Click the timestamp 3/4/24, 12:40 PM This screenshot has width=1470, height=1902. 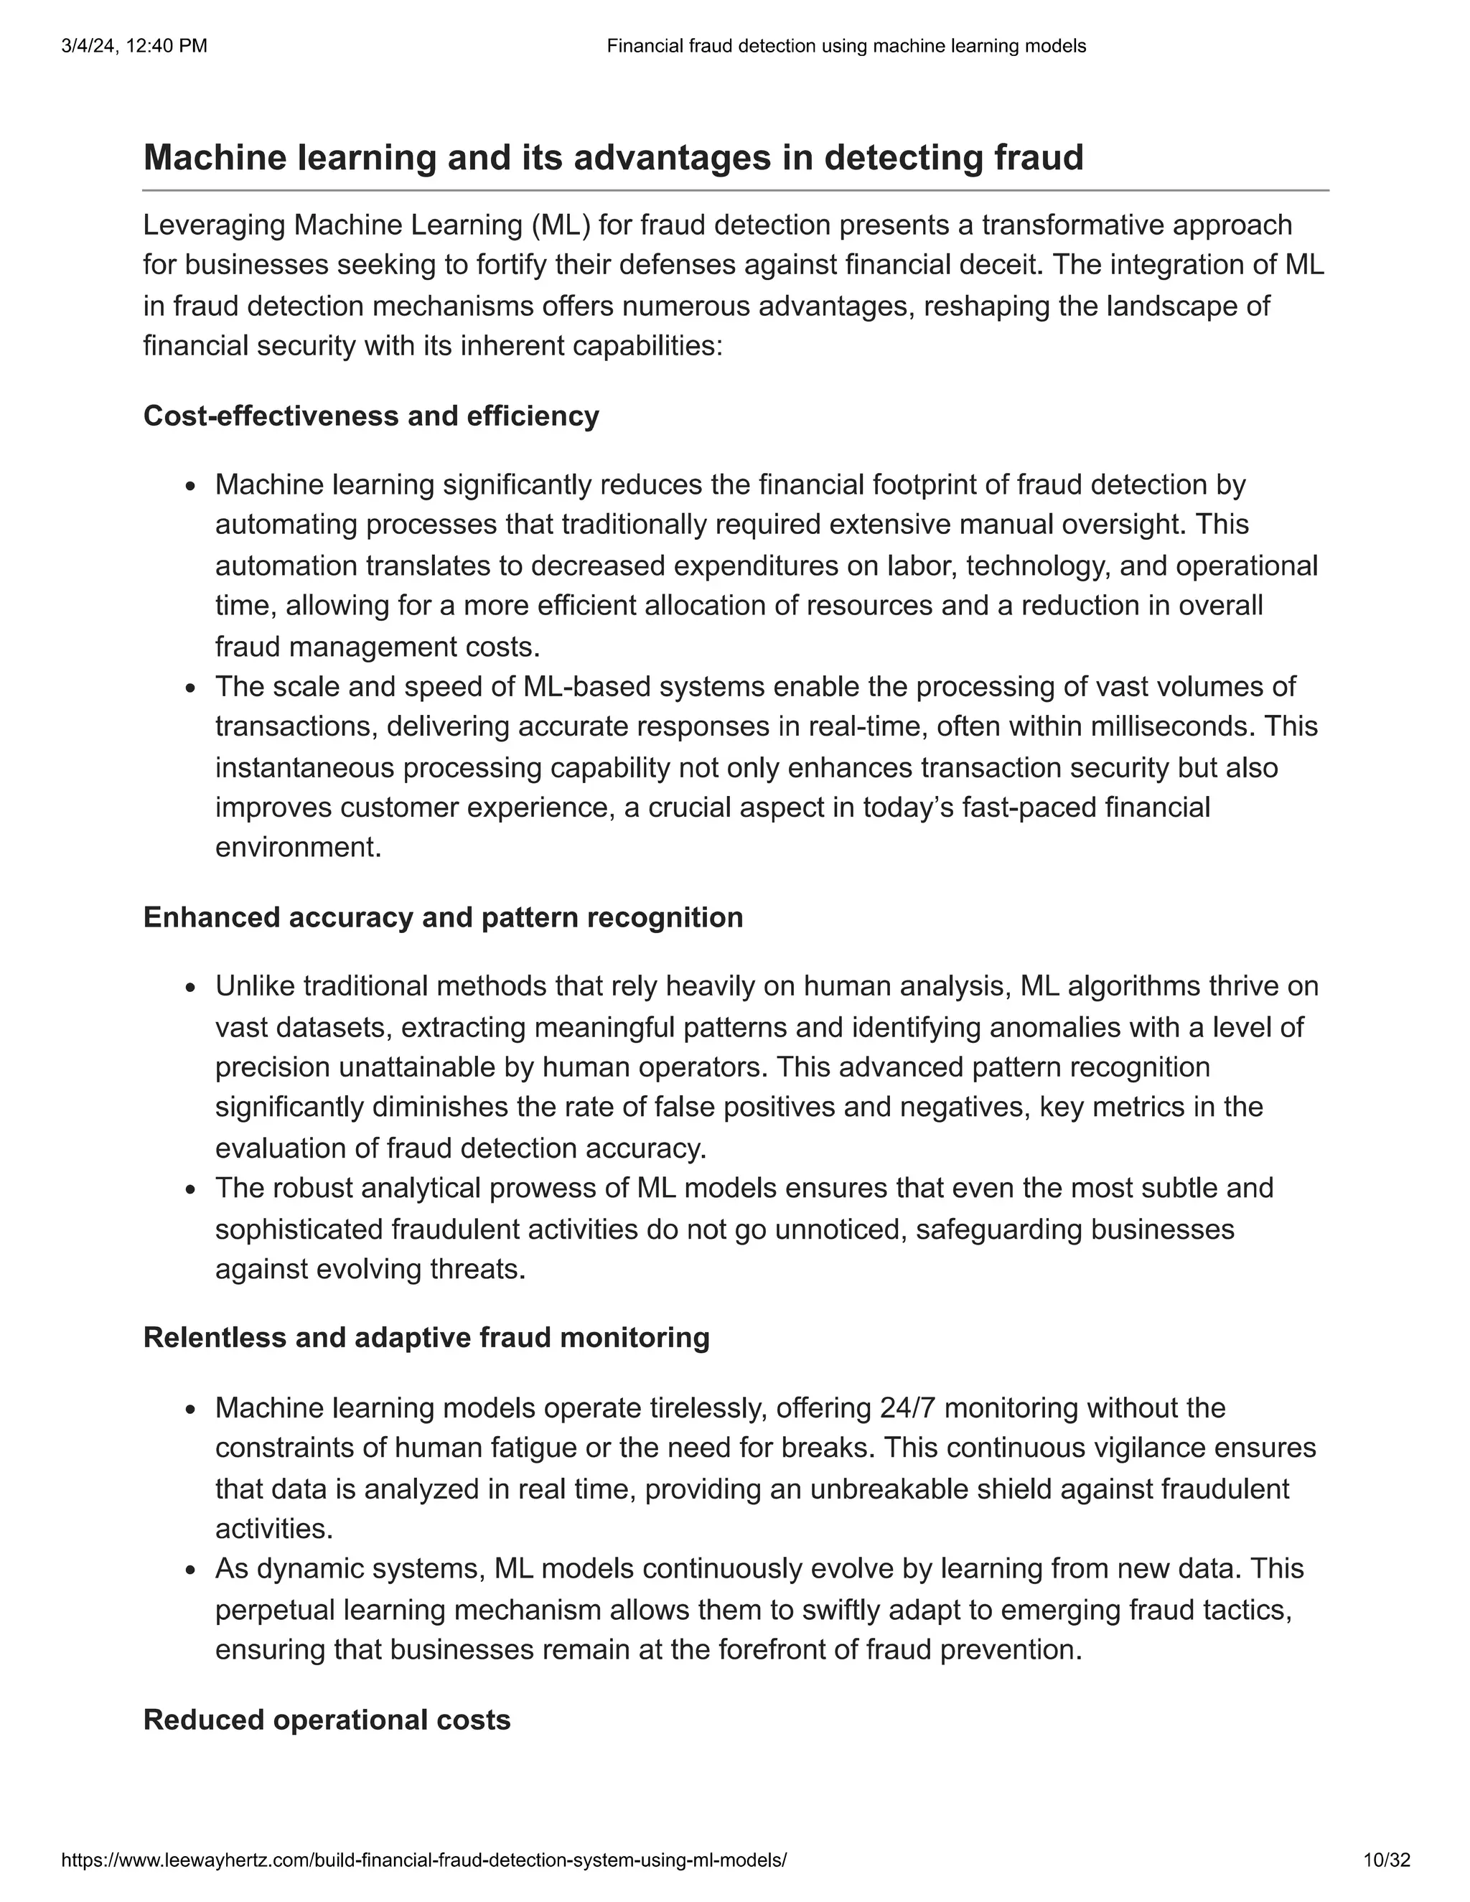coord(134,46)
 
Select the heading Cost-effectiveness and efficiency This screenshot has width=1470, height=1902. coord(371,416)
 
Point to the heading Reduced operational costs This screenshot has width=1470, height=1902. coord(327,1720)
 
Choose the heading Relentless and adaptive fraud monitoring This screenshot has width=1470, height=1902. coord(426,1338)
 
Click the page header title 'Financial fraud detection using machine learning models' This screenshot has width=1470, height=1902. coord(846,46)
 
